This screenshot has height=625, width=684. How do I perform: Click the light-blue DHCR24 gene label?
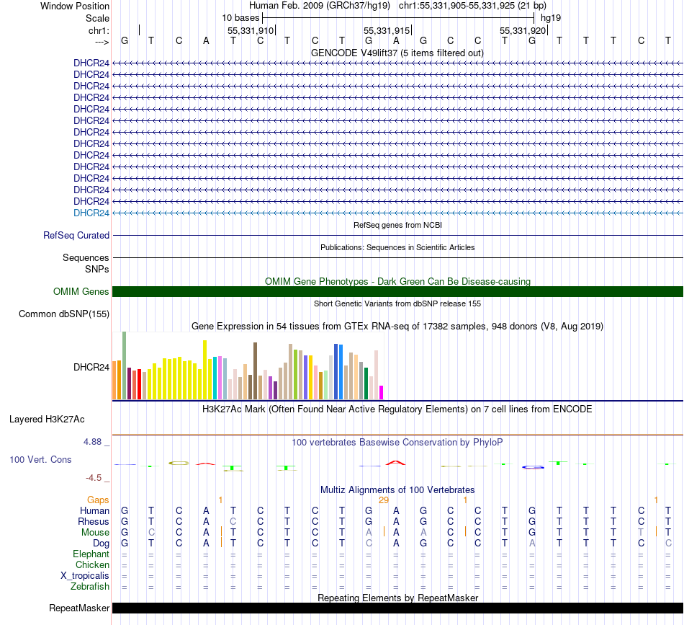point(91,213)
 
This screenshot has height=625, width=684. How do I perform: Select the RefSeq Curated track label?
point(76,235)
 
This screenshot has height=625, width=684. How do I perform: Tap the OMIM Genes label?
point(81,291)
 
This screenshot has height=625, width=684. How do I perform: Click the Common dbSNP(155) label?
point(64,314)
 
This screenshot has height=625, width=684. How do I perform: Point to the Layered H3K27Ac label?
point(57,418)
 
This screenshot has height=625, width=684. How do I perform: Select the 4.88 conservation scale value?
point(95,442)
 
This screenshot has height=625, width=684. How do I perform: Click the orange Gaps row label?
point(98,500)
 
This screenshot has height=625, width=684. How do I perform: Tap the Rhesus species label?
point(94,521)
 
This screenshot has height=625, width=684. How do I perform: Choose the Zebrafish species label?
point(90,586)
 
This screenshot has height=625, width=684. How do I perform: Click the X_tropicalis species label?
point(85,575)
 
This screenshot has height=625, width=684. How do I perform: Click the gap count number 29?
point(383,500)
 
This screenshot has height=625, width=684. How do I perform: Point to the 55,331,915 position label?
point(387,30)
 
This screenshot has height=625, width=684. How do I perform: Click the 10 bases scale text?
point(240,17)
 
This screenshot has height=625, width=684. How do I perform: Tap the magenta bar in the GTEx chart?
point(381,392)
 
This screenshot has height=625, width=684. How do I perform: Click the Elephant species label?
point(91,554)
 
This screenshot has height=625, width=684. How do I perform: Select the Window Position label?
point(75,6)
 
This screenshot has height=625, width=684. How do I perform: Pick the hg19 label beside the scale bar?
point(551,17)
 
